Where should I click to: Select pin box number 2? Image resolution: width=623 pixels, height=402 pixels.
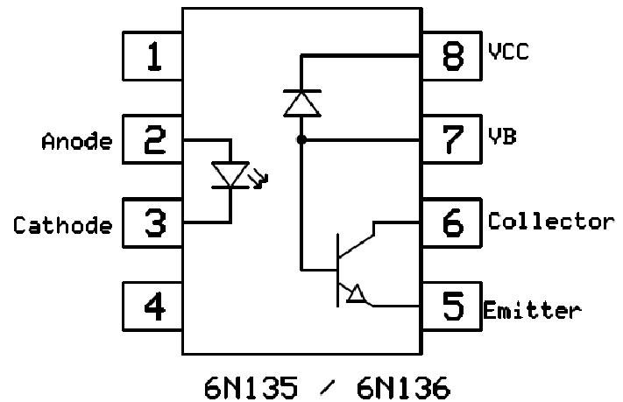[152, 140]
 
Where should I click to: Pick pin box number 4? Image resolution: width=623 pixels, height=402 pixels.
[152, 307]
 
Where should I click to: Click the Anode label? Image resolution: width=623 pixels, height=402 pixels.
[77, 142]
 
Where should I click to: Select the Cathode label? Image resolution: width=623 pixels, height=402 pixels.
[63, 225]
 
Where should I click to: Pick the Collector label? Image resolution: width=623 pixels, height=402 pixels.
[550, 220]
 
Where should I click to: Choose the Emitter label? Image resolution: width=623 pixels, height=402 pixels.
[532, 310]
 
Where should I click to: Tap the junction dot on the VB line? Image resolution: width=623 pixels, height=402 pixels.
[301, 140]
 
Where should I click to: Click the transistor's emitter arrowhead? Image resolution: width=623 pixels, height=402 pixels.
[356, 295]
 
